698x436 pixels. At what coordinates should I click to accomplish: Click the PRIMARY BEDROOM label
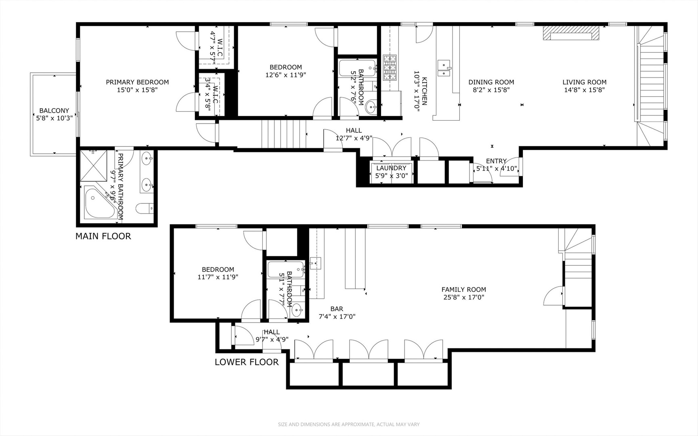[x=137, y=82]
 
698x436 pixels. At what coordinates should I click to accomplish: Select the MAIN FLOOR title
[x=103, y=236]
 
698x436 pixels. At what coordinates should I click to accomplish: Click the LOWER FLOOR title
[x=246, y=362]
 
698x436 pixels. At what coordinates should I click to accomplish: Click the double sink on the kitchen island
[x=444, y=68]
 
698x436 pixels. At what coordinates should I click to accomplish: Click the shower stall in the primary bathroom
[x=93, y=165]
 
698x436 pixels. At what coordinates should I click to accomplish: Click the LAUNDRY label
[x=391, y=168]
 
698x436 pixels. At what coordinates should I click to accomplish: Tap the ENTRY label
[x=496, y=161]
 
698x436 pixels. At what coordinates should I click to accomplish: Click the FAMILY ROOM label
[x=463, y=289]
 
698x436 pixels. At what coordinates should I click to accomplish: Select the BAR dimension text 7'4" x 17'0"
[x=337, y=317]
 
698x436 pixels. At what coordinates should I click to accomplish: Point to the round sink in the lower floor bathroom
[x=297, y=311]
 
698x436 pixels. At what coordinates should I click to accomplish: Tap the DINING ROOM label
[x=491, y=82]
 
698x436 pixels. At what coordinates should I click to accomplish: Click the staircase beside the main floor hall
[x=283, y=134]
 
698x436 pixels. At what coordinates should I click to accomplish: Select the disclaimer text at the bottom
[x=349, y=424]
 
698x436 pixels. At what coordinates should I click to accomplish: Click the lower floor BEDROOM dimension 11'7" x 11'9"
[x=218, y=277]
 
